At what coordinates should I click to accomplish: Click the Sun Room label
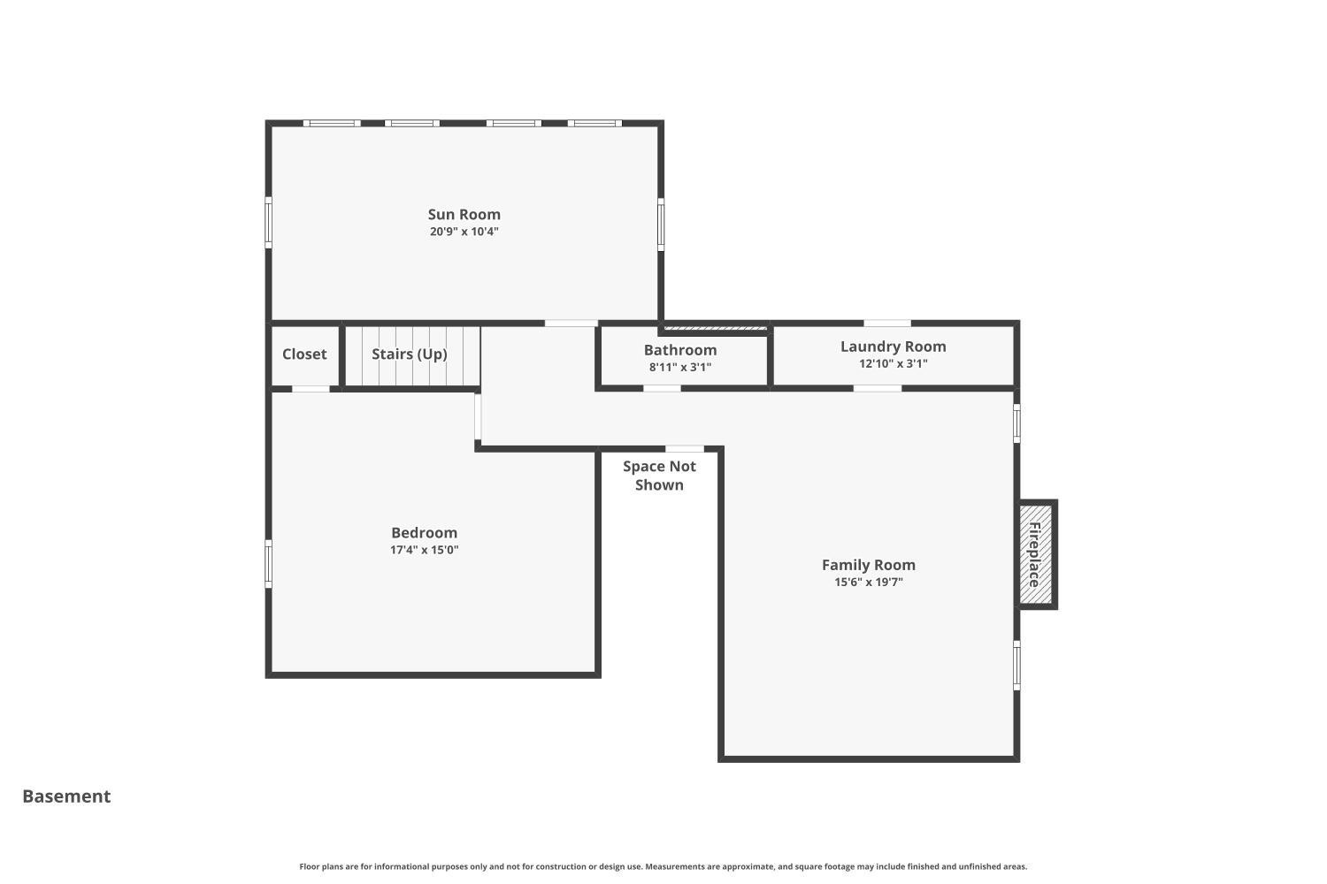[x=464, y=214]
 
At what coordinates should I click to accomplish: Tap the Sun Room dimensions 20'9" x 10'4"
[x=464, y=232]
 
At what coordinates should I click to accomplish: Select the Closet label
[x=304, y=354]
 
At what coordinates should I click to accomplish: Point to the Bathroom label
[x=679, y=350]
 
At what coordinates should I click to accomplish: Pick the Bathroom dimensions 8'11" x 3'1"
[x=679, y=367]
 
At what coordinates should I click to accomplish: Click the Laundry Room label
[x=893, y=347]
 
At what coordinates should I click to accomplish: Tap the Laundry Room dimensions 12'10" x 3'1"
[x=893, y=363]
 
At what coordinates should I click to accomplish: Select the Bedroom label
[x=424, y=532]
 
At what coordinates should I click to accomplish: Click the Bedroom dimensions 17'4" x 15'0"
[x=424, y=550]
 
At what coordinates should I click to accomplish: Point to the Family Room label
[x=868, y=565]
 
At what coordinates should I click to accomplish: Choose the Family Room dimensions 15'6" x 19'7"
[x=868, y=582]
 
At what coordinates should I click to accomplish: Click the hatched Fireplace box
[x=1035, y=554]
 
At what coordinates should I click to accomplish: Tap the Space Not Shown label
[x=659, y=476]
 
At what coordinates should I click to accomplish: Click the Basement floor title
[x=66, y=796]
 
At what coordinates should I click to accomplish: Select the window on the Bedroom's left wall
[x=269, y=563]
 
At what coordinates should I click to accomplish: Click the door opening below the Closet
[x=311, y=389]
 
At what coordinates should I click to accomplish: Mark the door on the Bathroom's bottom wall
[x=662, y=388]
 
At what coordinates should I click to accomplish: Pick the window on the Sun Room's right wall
[x=661, y=225]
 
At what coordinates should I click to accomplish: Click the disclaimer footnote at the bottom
[x=663, y=866]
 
